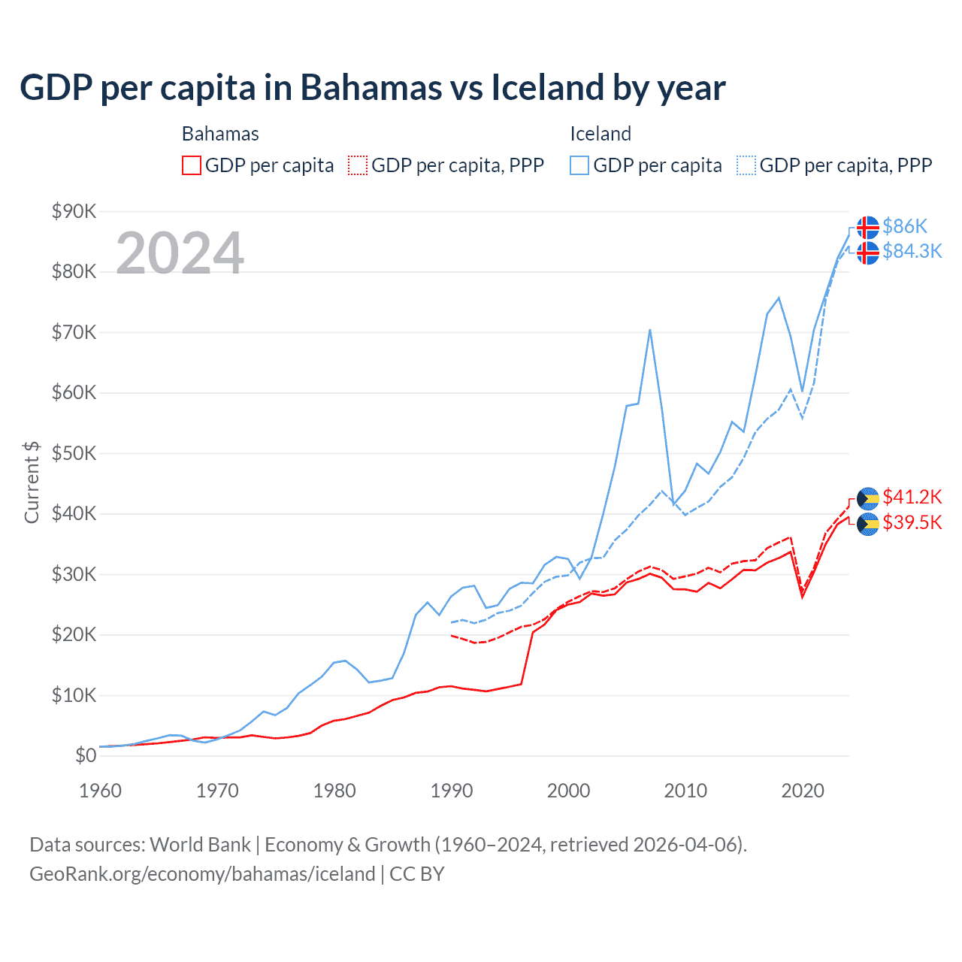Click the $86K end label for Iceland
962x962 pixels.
click(905, 226)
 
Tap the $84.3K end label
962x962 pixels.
click(912, 251)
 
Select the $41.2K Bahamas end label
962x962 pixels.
click(912, 497)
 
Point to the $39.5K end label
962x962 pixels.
click(912, 522)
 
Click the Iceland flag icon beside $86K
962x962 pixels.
click(868, 227)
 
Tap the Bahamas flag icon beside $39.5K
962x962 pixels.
click(868, 524)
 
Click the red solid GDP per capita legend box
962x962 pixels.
click(192, 165)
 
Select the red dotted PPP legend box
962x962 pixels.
click(358, 165)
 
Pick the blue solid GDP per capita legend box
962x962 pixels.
click(579, 165)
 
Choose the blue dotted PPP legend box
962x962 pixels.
click(746, 165)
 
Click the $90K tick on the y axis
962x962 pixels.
click(74, 211)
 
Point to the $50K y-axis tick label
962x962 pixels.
click(74, 453)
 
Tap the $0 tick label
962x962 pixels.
click(86, 755)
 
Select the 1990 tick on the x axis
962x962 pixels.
click(452, 791)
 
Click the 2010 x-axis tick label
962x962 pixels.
click(685, 791)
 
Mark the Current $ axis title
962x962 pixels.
click(32, 482)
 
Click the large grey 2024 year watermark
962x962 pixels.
click(180, 253)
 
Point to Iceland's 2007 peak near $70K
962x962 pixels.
click(649, 330)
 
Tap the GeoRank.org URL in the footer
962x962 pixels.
click(202, 874)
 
